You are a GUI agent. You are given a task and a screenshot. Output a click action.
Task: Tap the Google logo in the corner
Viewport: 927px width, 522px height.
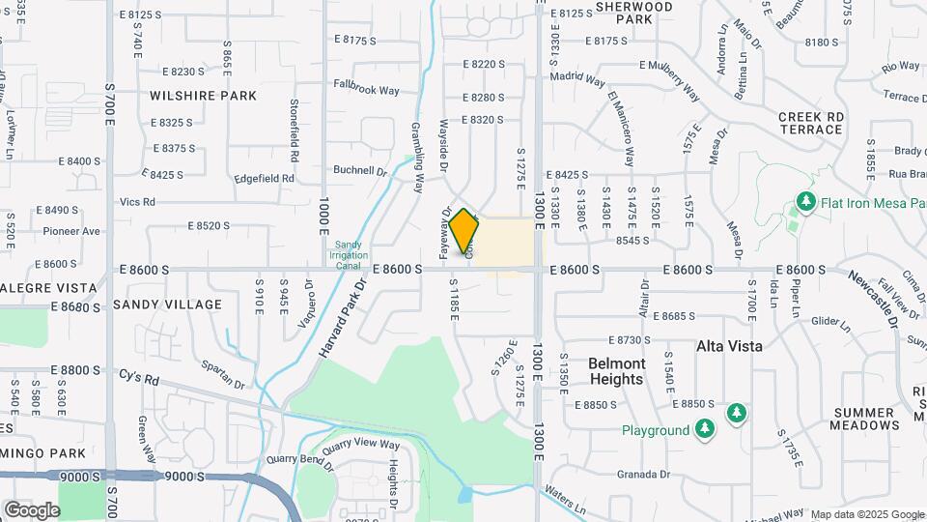pyautogui.click(x=32, y=509)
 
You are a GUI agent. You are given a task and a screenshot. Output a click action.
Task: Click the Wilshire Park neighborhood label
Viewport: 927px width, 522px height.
pyautogui.click(x=203, y=96)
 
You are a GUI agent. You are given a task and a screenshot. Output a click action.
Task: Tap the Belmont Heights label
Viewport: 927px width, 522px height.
pyautogui.click(x=616, y=371)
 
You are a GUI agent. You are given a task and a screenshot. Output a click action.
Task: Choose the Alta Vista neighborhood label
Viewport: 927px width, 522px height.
pyautogui.click(x=730, y=345)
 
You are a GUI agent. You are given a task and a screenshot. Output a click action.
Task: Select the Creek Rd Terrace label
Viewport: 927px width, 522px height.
pyautogui.click(x=811, y=122)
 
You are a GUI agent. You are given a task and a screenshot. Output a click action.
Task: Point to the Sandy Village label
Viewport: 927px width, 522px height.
pyautogui.click(x=168, y=304)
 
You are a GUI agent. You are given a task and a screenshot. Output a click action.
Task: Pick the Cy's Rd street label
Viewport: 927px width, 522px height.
pyautogui.click(x=138, y=377)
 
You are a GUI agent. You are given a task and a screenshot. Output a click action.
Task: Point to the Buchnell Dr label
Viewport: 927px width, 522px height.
pyautogui.click(x=359, y=170)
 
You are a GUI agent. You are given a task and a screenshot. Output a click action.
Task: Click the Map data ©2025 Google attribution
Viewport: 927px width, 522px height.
pyautogui.click(x=866, y=514)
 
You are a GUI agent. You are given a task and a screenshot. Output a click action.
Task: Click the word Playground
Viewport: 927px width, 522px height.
pyautogui.click(x=655, y=430)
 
